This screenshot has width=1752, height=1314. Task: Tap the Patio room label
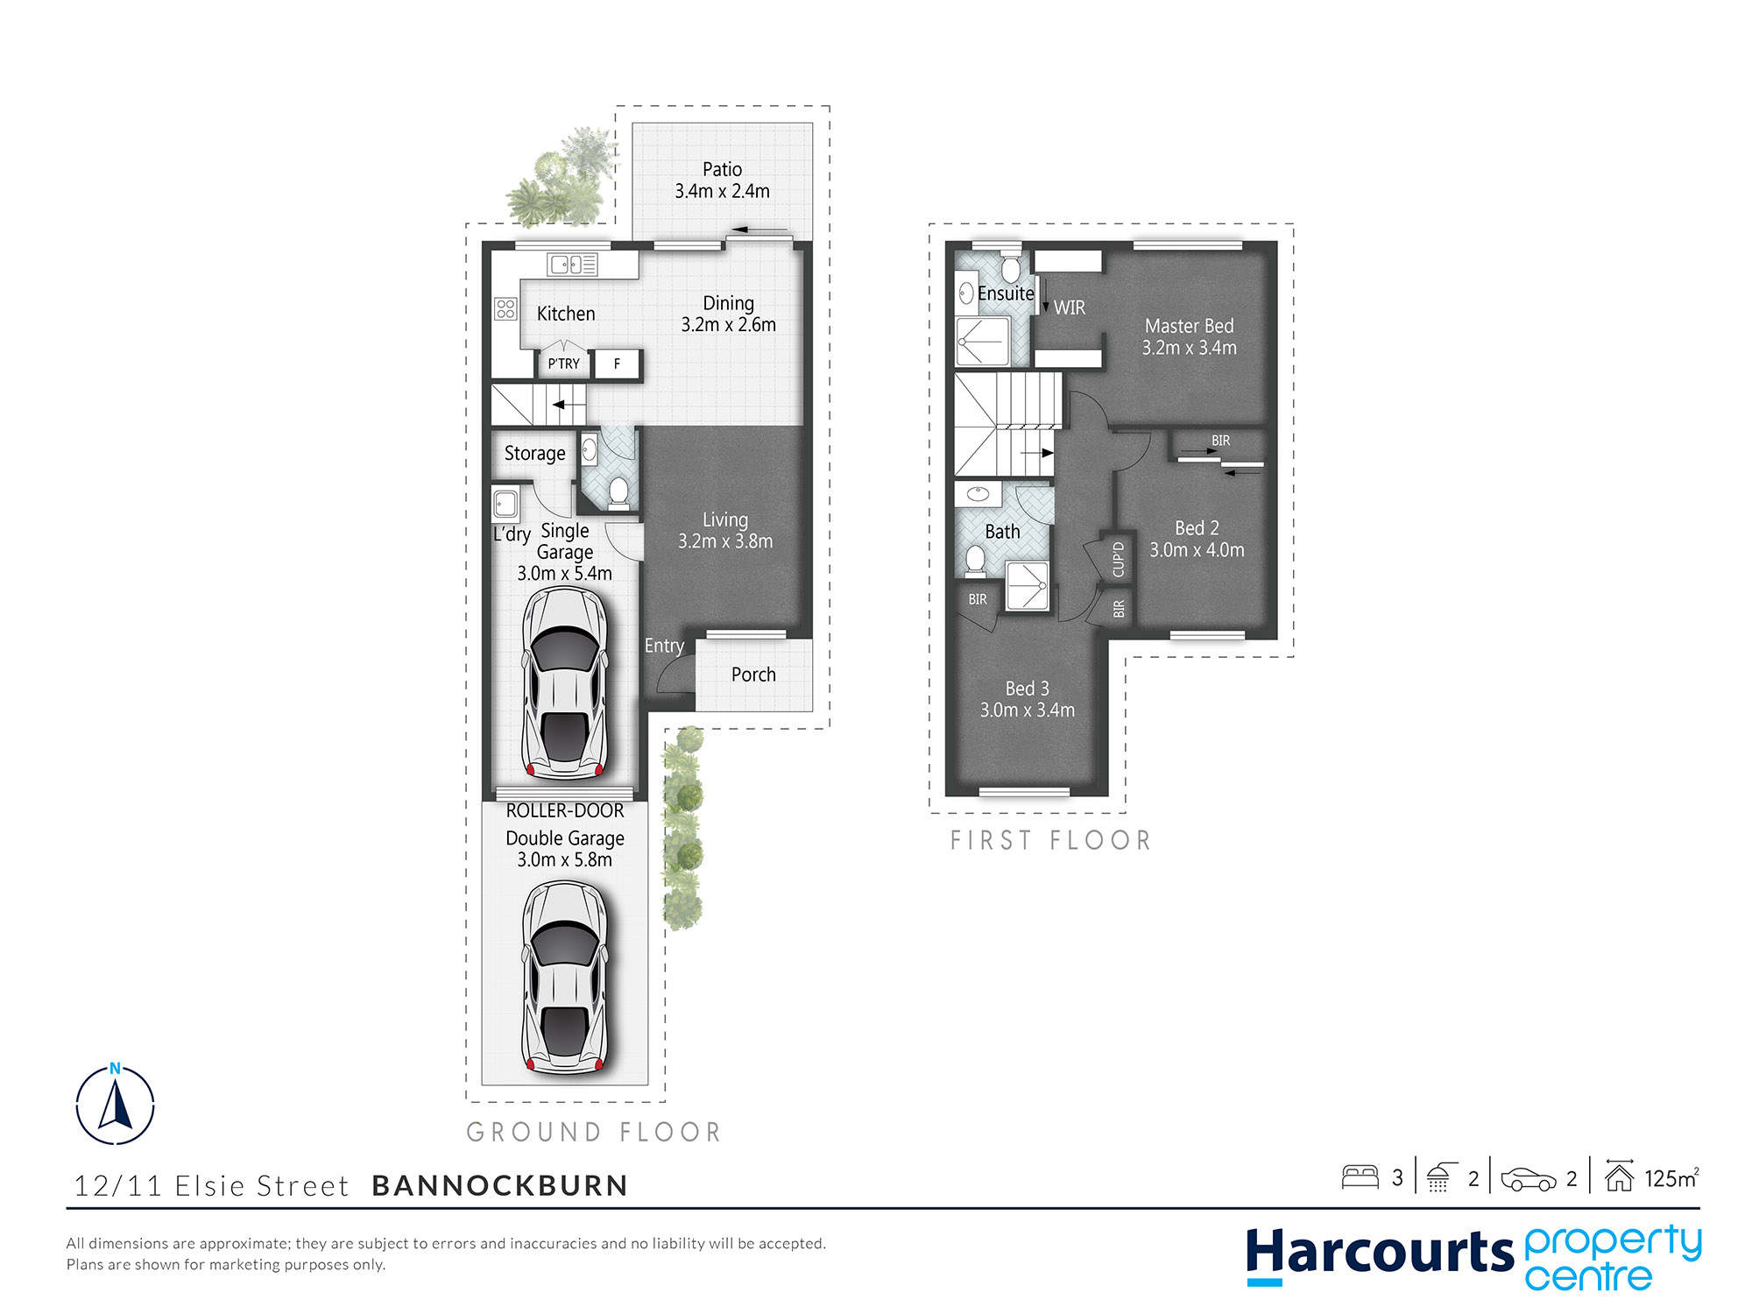(722, 170)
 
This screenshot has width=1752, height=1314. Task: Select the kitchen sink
(573, 264)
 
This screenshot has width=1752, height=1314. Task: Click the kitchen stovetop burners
(505, 308)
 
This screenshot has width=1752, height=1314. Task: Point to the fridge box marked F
(617, 364)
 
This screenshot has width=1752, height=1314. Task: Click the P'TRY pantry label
(563, 364)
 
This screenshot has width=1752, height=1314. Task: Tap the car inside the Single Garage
(565, 683)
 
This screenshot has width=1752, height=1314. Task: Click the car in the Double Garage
(565, 977)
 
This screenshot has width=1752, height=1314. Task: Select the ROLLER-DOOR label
(565, 811)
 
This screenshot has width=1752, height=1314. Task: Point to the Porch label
(753, 675)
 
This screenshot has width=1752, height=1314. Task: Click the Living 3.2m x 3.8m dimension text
(725, 541)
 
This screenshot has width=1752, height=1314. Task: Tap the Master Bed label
(1189, 326)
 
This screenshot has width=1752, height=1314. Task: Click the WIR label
(1070, 307)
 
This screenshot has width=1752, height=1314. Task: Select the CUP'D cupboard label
(1118, 559)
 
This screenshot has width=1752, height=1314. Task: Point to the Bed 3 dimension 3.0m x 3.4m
(1027, 710)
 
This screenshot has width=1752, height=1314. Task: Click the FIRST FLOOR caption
(1050, 841)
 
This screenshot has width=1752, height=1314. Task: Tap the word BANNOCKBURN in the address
(500, 1185)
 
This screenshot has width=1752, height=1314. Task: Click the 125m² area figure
(1671, 1178)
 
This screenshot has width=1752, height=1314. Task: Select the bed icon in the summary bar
(1360, 1176)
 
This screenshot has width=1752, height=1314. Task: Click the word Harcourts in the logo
(1380, 1253)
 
